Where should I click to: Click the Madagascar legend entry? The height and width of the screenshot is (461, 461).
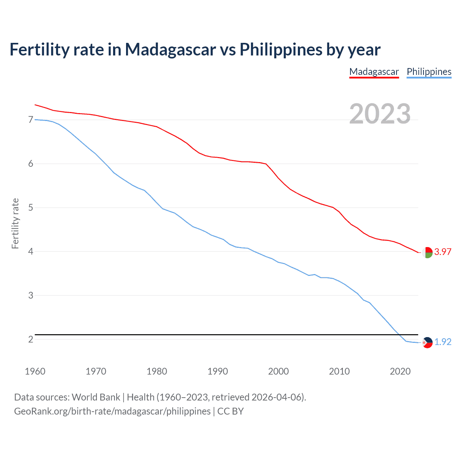coord(374,72)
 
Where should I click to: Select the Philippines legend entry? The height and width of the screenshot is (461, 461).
coord(429,72)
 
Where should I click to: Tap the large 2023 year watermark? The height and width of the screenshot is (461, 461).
coord(380,114)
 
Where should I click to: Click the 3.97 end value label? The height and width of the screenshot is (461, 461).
coord(443,252)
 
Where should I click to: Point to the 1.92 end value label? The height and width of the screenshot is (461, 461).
coord(443,342)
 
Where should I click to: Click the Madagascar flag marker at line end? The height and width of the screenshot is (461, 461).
coord(427,252)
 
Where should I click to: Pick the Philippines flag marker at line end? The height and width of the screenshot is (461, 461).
coord(427,343)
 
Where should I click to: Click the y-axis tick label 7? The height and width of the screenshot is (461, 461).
coord(31,120)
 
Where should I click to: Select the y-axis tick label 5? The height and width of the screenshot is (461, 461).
coord(31,207)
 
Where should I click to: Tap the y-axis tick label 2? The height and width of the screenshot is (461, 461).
coord(31,339)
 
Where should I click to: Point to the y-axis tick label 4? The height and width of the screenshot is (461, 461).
coord(31,251)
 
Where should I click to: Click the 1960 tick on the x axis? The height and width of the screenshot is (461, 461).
coord(35,371)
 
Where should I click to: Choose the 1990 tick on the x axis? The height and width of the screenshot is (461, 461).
coord(218,371)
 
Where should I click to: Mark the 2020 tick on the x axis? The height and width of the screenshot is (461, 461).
coord(400,371)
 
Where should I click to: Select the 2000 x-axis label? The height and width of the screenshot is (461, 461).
coord(278,371)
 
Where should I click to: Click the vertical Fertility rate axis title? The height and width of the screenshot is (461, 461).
coord(15,223)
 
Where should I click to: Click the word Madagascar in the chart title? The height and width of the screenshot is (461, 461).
coord(170,49)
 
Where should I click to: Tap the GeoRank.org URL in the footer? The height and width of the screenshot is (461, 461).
coord(112,411)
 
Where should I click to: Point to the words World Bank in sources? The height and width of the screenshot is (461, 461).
coord(96,397)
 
